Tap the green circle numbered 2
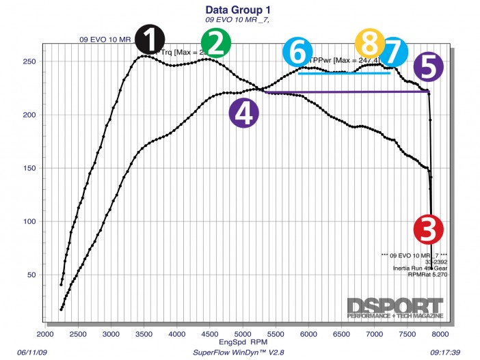[x=216, y=43]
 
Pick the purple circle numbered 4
[x=244, y=113]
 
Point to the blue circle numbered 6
[x=297, y=53]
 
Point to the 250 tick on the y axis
[x=31, y=61]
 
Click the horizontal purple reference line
[x=342, y=92]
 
